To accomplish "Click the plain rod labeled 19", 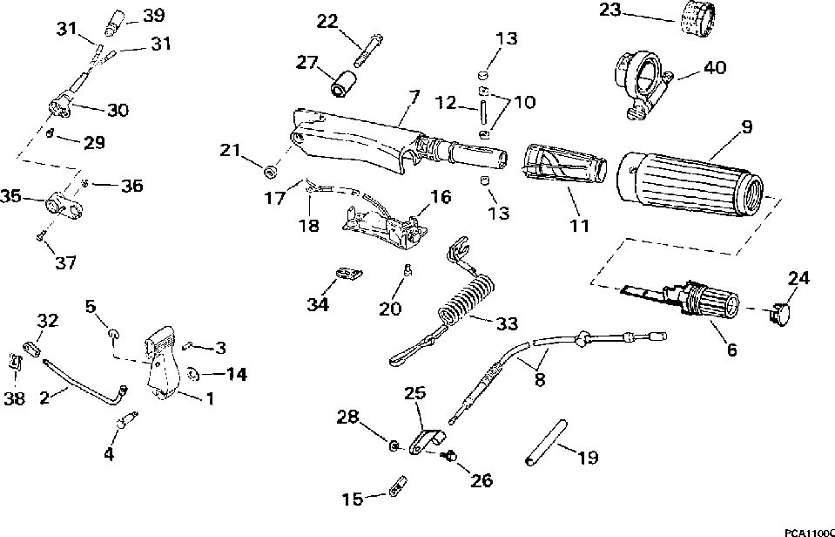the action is [x=545, y=444].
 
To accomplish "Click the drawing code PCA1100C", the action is [x=809, y=533].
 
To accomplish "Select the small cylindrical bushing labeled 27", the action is [x=342, y=85].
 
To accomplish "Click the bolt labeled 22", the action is [x=368, y=52].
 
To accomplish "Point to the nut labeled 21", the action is [x=272, y=172].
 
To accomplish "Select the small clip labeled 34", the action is [x=349, y=274].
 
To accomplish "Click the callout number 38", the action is [x=15, y=398].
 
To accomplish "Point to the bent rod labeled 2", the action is [x=85, y=382].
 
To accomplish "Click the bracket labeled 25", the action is [x=428, y=442].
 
